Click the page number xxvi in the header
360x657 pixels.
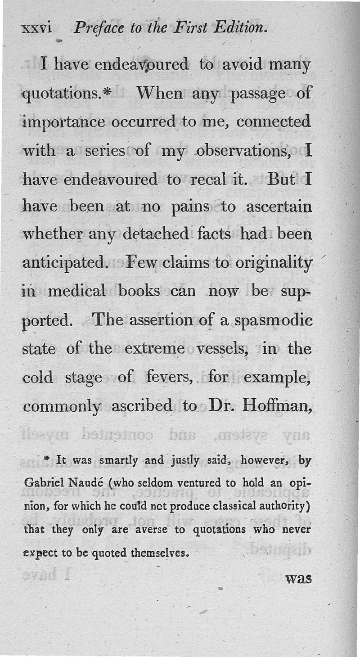[37, 30]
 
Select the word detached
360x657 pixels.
[156, 235]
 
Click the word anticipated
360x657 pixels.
[63, 263]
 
